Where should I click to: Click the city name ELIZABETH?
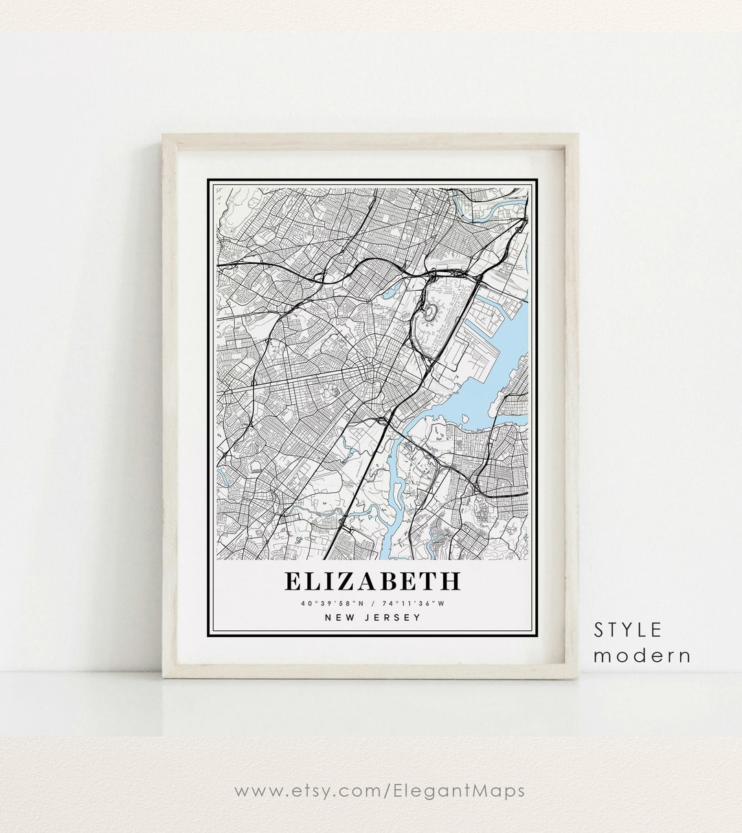point(372,581)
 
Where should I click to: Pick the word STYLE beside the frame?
point(628,630)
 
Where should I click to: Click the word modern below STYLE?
point(642,655)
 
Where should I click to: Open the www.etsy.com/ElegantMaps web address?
point(379,790)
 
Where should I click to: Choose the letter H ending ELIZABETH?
point(449,581)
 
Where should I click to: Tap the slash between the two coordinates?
point(372,604)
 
